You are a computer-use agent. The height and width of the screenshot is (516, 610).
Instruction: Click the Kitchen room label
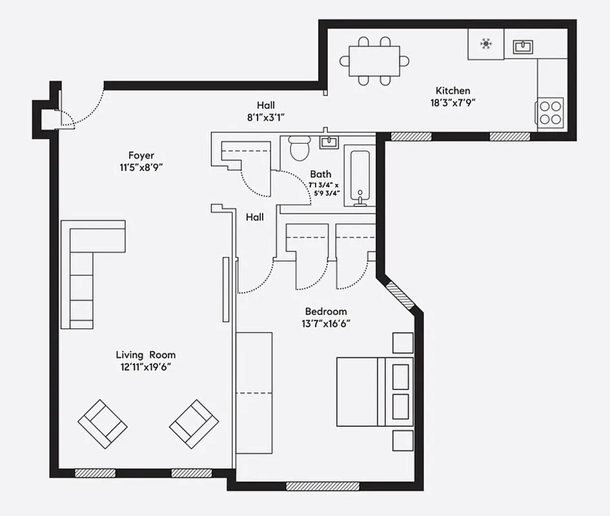pos(452,91)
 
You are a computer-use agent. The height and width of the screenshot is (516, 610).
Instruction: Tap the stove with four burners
pos(550,111)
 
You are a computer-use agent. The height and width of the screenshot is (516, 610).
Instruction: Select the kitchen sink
pos(522,46)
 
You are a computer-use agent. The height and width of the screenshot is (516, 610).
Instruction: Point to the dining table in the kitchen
pos(374,61)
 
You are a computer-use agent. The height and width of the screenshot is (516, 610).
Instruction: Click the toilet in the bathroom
pos(300,148)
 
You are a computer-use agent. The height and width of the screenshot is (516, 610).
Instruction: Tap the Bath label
pos(320,174)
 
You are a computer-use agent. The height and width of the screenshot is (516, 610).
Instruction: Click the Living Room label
pos(145,355)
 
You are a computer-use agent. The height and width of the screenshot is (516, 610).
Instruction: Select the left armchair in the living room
pos(102,424)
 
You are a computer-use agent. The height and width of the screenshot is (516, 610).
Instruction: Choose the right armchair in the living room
pos(194,424)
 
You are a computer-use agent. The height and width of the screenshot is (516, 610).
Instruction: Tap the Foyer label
pos(140,155)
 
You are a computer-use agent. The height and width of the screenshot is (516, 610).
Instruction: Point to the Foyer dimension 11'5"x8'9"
pos(140,167)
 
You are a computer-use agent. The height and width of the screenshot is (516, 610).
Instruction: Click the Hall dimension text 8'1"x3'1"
pos(265,117)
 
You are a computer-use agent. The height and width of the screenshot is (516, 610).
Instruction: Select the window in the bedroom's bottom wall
pos(313,486)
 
